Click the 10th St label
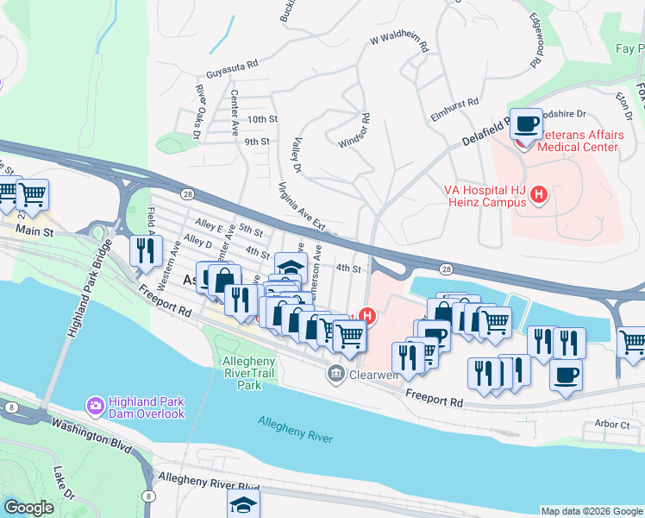[x=262, y=119]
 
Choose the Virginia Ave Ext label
[x=302, y=207]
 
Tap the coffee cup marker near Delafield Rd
[x=525, y=124]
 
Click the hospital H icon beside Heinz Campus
[x=539, y=195]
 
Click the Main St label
[x=34, y=231]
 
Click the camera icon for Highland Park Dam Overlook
[x=95, y=404]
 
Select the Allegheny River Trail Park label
[x=249, y=373]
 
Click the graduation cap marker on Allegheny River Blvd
[x=244, y=504]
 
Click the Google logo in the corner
[x=29, y=508]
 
